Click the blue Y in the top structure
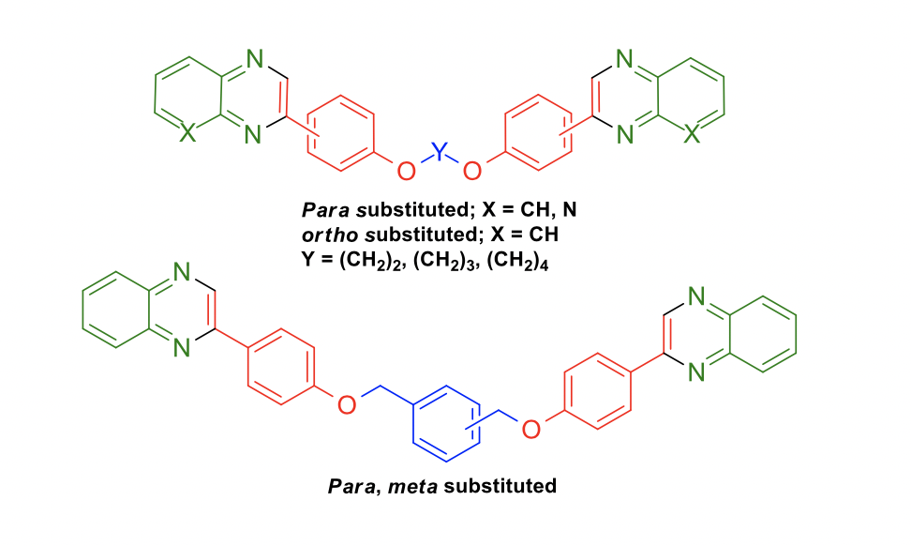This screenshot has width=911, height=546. pos(440,151)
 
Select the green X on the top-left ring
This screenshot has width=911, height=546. pos(187,134)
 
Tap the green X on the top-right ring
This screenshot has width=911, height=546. pos(692,135)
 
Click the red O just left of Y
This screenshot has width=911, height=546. pos(406,171)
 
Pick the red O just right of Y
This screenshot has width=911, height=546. pos(472,171)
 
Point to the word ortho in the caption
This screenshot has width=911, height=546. pos(329,235)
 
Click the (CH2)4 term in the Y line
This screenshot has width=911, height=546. pos(517,260)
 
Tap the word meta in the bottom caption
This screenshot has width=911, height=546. pos(412,486)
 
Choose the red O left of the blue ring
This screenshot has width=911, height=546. pos(346,404)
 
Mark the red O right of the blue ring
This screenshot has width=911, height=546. pos(531,430)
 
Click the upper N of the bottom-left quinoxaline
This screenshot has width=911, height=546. pos(182,271)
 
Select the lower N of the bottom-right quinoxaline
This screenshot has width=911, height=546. pos(696,372)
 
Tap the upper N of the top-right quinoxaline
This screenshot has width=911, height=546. pos(624,59)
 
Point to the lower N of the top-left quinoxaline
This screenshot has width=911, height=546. pos(253,135)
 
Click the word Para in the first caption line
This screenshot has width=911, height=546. pos(325,209)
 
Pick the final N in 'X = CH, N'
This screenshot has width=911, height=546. pos(570,209)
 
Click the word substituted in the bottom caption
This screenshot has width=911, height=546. pos(500,486)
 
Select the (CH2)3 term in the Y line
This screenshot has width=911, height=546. pos(444,260)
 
